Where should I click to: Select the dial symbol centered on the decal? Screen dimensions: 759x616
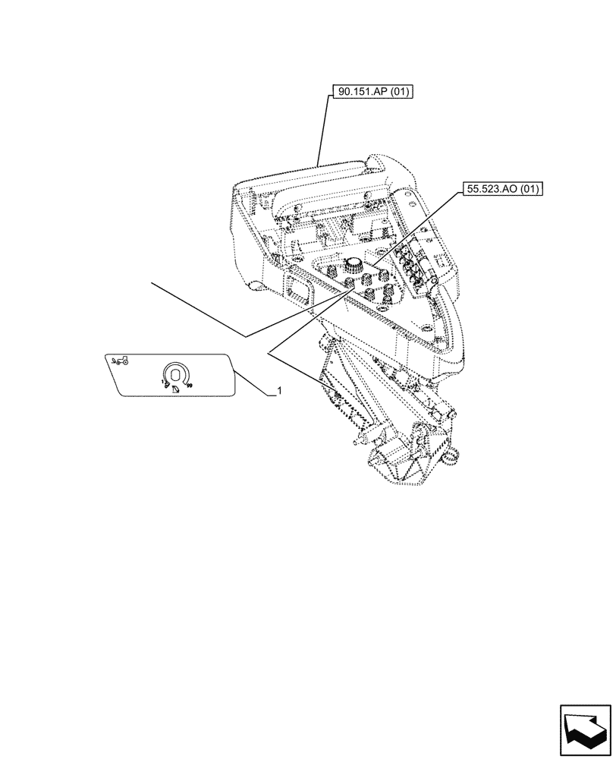(175, 373)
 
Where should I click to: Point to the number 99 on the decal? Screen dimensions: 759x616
(190, 386)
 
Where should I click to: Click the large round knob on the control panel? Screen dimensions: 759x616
(353, 265)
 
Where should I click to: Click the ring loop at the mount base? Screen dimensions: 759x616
(454, 456)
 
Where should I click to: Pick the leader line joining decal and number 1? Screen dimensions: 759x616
(253, 382)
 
